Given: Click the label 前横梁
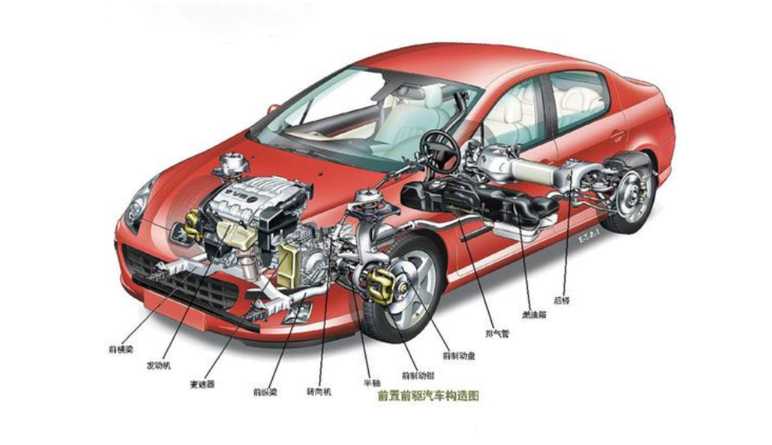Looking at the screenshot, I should pyautogui.click(x=122, y=348).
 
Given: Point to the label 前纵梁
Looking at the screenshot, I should pyautogui.click(x=265, y=390).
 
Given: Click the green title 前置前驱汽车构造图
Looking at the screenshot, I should pyautogui.click(x=428, y=396).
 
